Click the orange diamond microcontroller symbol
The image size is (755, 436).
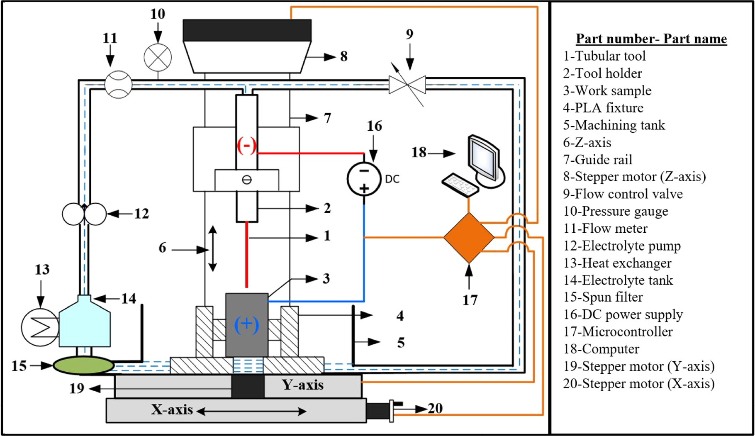469,238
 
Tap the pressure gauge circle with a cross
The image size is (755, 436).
158,57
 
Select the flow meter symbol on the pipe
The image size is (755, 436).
118,84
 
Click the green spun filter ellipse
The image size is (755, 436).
83,365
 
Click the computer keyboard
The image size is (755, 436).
460,185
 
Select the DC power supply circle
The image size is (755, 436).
364,179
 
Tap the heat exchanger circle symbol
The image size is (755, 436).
40,327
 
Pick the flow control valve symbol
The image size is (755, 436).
407,85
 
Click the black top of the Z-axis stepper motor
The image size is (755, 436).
247,30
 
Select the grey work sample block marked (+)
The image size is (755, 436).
247,325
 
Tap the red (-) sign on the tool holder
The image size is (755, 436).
247,145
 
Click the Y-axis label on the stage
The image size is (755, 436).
303,385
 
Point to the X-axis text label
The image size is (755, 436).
172,409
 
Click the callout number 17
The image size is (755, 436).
470,300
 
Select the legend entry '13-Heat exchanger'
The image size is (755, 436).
617,263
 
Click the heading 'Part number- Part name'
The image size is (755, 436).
651,39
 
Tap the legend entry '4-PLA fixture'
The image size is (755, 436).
603,108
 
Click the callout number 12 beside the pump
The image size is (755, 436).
141,214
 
